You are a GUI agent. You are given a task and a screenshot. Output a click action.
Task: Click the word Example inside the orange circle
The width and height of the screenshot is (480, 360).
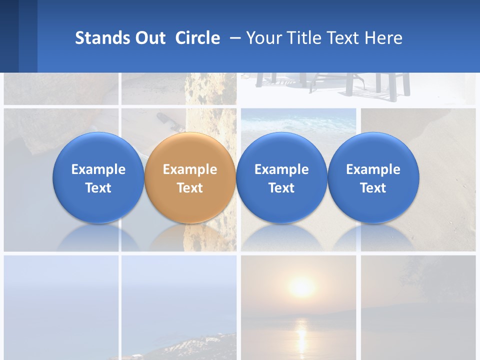[190, 169]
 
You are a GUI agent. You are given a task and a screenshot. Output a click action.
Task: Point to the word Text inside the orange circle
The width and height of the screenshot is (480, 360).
[190, 188]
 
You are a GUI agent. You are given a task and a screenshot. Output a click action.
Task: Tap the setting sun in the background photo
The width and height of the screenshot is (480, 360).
[301, 287]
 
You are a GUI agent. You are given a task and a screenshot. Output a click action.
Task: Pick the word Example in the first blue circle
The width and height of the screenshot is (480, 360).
[98, 169]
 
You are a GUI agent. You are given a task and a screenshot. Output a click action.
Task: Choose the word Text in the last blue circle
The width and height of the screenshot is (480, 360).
[373, 188]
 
